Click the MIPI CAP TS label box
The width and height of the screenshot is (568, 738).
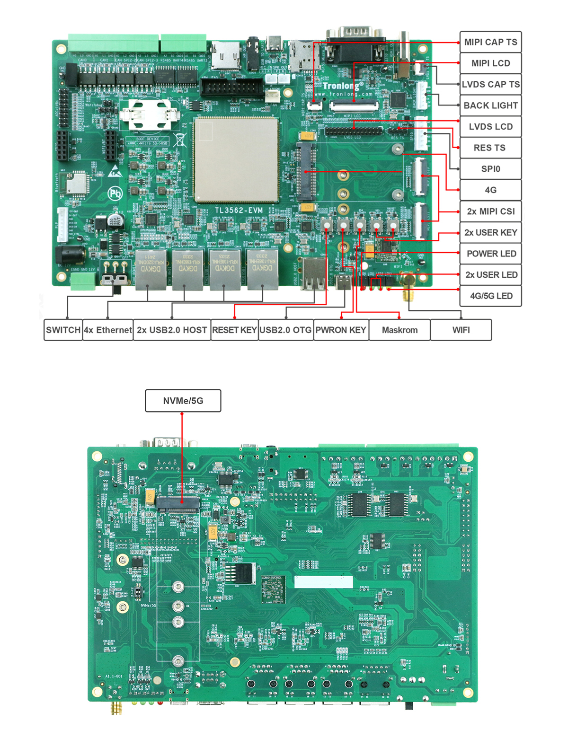(490, 42)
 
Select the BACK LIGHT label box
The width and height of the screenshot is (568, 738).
(490, 105)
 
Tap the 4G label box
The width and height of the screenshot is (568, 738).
(490, 190)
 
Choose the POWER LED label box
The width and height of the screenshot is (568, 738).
(490, 254)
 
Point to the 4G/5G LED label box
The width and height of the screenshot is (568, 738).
(490, 296)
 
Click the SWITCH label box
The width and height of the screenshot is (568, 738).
(63, 330)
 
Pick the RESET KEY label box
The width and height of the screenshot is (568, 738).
(234, 330)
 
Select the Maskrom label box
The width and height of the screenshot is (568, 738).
(399, 330)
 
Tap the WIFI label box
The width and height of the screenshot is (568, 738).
(461, 330)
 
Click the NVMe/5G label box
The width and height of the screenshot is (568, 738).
(183, 401)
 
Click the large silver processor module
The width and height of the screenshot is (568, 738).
(236, 159)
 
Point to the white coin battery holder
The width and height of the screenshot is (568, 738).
(148, 114)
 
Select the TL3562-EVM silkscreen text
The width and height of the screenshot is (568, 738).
(239, 211)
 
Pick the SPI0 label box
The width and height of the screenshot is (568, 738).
(490, 169)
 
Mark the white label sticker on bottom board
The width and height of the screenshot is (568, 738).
(323, 581)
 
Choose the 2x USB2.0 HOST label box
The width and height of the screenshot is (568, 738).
(172, 330)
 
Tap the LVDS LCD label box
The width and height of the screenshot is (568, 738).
(490, 127)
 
